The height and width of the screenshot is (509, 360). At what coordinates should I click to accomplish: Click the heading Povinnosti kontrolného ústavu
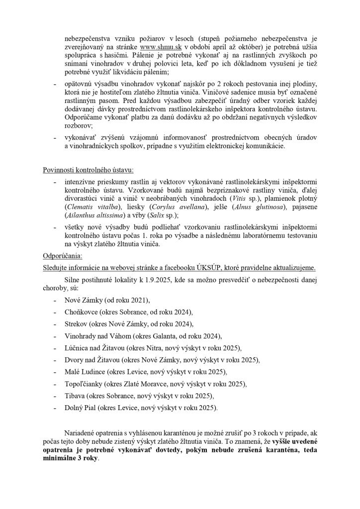pyautogui.click(x=85, y=171)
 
